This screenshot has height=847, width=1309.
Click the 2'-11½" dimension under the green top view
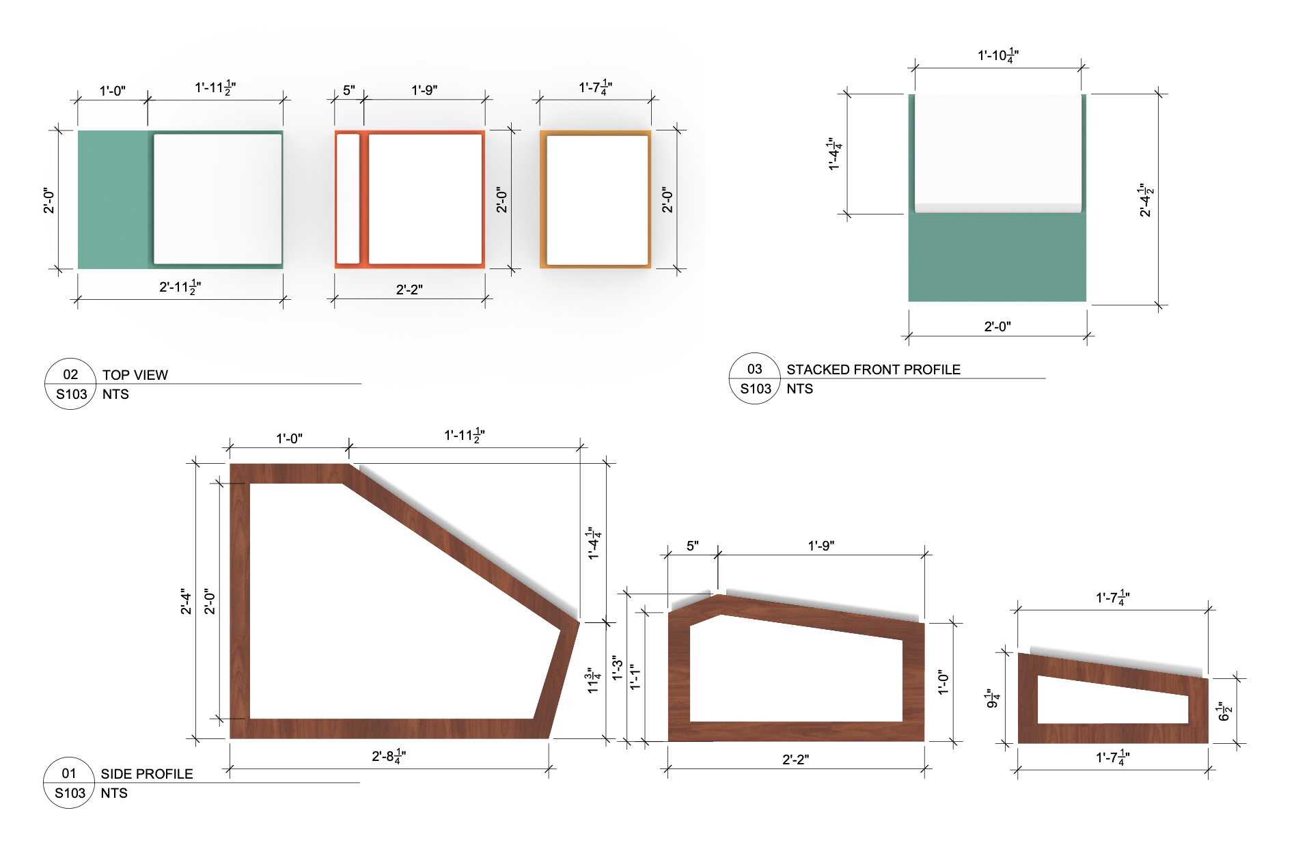point(180,288)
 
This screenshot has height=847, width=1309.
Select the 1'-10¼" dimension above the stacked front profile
point(998,56)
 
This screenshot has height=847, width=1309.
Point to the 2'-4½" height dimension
point(1146,200)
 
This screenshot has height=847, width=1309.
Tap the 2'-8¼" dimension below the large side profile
point(389,756)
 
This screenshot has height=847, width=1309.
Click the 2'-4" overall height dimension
point(186,601)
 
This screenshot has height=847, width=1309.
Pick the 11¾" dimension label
point(593,681)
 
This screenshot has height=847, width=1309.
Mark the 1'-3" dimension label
point(617,668)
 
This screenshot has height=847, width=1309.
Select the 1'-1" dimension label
point(635,677)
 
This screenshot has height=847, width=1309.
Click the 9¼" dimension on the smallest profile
point(993,699)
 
